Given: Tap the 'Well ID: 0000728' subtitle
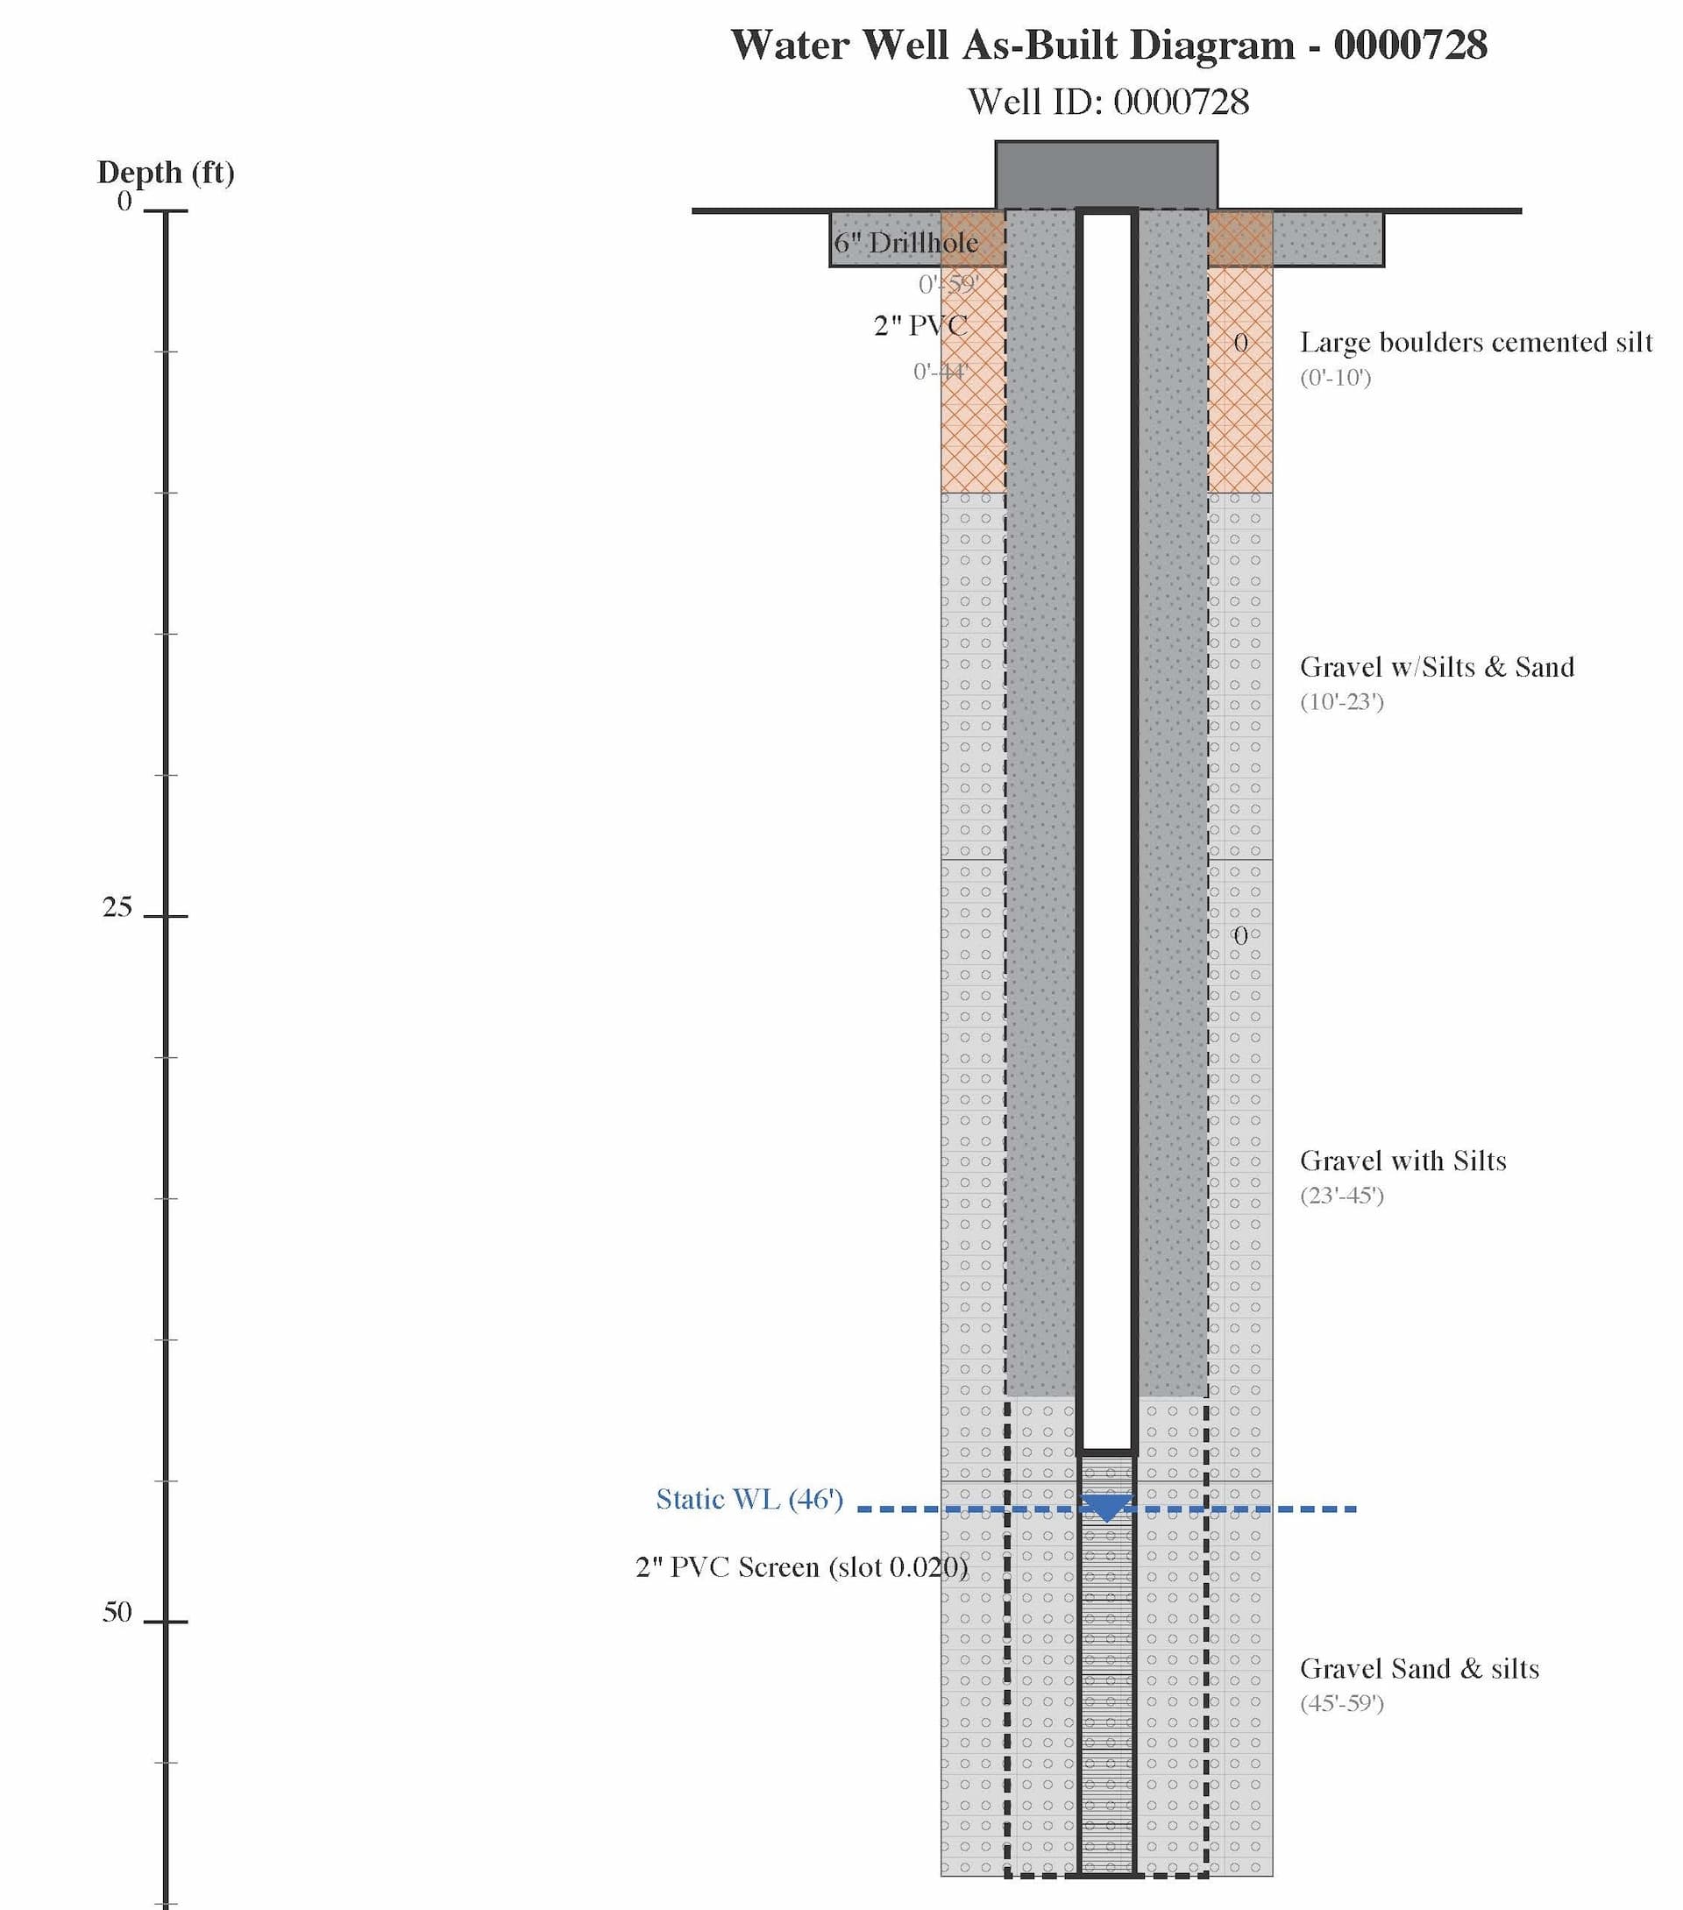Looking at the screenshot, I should click(1108, 102).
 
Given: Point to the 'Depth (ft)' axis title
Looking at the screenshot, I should click(166, 172).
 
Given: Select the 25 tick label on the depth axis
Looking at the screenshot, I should click(117, 907).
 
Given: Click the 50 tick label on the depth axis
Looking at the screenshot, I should click(117, 1612).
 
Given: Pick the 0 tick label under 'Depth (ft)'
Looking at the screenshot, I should click(124, 201).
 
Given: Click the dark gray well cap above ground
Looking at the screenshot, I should click(1106, 174).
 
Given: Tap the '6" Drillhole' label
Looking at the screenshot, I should click(905, 243).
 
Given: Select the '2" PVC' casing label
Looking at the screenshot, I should click(920, 325).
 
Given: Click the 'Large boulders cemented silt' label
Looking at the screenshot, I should click(1475, 342).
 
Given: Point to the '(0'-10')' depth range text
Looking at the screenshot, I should click(1335, 378).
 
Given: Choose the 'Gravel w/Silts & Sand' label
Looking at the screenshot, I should click(1437, 667).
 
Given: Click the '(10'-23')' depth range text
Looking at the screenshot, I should click(1341, 702).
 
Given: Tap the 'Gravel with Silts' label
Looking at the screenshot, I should click(1402, 1161).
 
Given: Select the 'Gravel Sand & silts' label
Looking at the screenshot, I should click(1418, 1668).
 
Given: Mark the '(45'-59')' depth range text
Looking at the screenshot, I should click(1341, 1702).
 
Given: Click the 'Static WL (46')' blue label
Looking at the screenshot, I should click(749, 1499).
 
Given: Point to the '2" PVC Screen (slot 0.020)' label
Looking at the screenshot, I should click(802, 1566).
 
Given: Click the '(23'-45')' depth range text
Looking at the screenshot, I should click(1341, 1195).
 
